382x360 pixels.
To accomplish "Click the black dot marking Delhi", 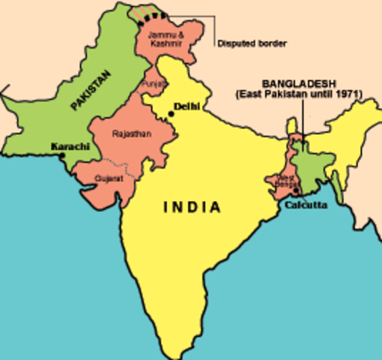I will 172,113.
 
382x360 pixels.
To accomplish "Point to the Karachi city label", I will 70,145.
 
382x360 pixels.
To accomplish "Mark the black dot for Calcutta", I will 297,190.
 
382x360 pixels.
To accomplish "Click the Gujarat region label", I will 107,178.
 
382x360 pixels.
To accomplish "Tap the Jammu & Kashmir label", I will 163,39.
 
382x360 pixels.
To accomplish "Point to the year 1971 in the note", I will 348,94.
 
